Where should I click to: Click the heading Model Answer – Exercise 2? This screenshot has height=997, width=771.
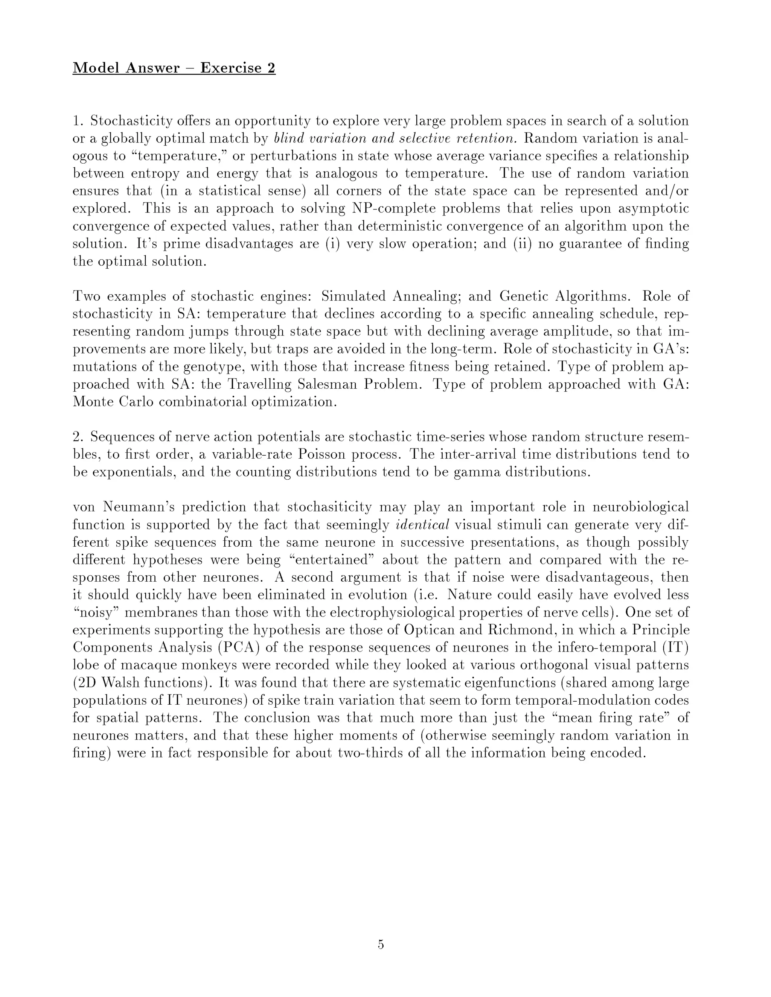[174, 68]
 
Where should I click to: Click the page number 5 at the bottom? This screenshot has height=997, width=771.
[381, 944]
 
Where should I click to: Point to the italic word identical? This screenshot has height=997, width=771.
[422, 525]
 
